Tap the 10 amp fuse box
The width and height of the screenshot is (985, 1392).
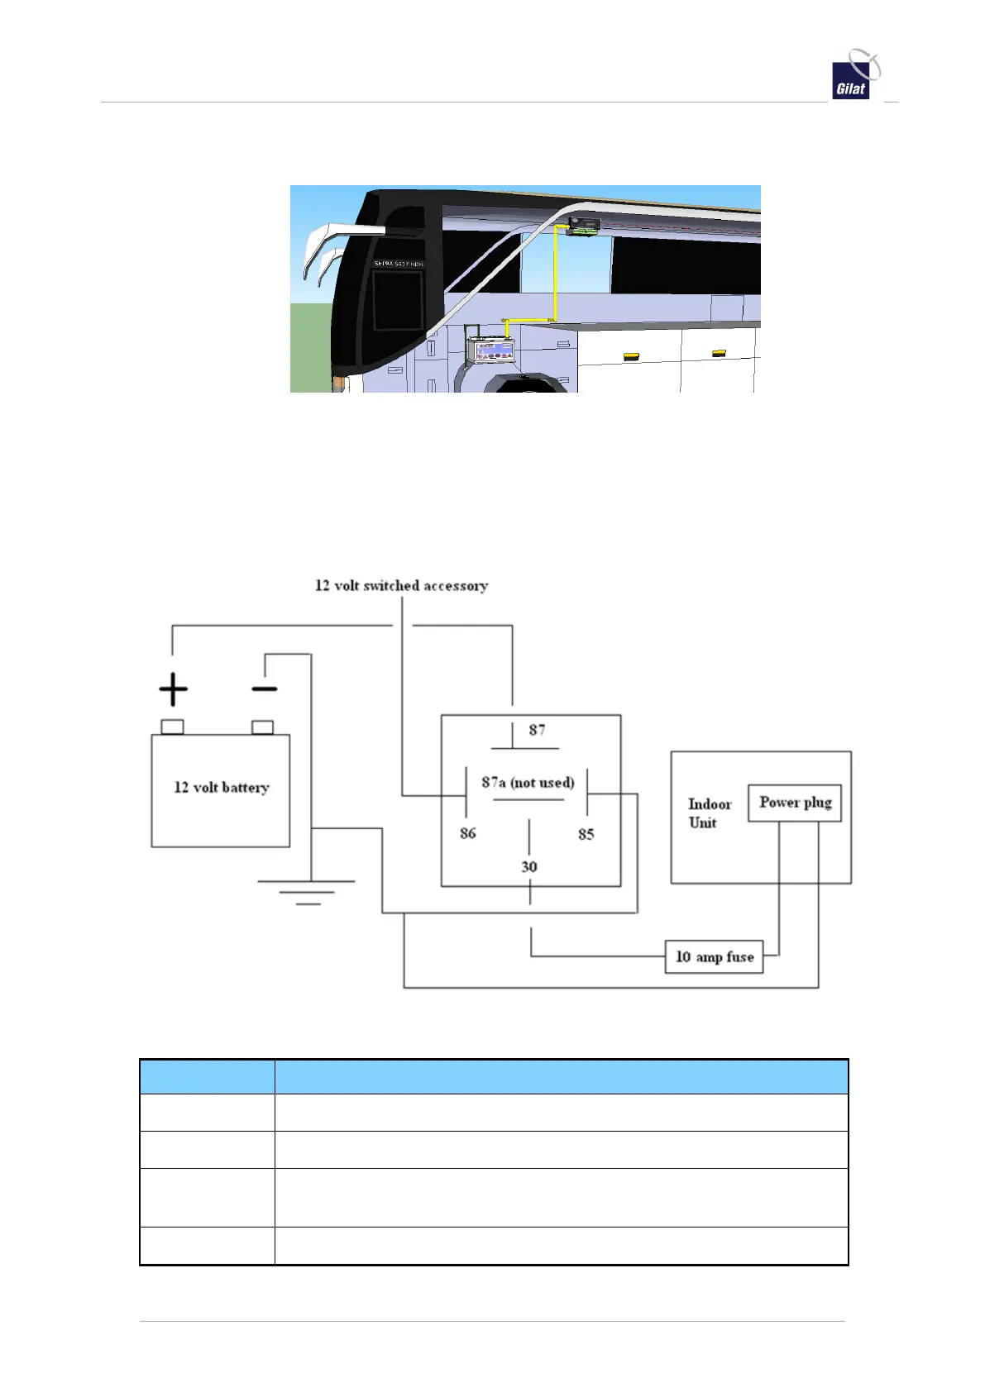pyautogui.click(x=715, y=957)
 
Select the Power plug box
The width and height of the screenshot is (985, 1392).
pyautogui.click(x=795, y=803)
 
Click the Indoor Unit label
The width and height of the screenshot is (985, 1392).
pyautogui.click(x=709, y=813)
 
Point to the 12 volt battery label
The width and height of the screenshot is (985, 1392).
pyautogui.click(x=221, y=788)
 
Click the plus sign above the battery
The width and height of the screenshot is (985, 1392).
pyautogui.click(x=173, y=689)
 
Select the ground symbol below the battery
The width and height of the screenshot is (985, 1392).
pyautogui.click(x=307, y=892)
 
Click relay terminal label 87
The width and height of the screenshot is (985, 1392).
pyautogui.click(x=537, y=730)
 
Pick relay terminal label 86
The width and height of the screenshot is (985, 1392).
pyautogui.click(x=468, y=833)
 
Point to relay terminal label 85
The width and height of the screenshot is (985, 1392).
pyautogui.click(x=586, y=834)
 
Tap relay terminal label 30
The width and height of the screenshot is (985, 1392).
pyautogui.click(x=529, y=866)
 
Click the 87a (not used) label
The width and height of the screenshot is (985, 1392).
pyautogui.click(x=528, y=783)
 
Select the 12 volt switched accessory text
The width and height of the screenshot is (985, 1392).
pyautogui.click(x=401, y=586)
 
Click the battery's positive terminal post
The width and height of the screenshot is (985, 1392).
pyautogui.click(x=172, y=727)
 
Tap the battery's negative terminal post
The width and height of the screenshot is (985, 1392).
pyautogui.click(x=262, y=727)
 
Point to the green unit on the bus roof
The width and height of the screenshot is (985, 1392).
pyautogui.click(x=583, y=226)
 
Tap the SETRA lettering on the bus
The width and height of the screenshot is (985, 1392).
pyautogui.click(x=398, y=264)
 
